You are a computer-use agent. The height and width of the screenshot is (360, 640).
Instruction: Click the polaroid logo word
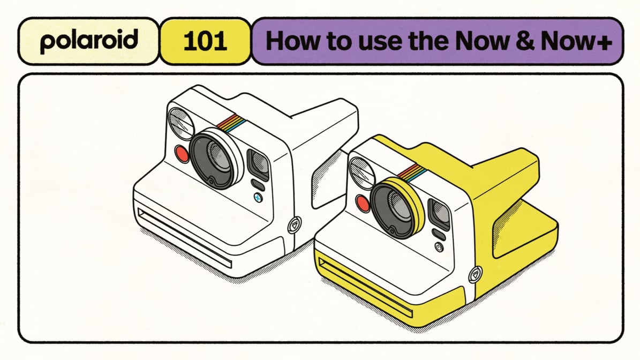pos(89,41)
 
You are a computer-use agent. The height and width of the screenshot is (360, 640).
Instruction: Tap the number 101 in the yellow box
pos(205,41)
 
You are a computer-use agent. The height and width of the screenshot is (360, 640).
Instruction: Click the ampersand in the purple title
pos(524,41)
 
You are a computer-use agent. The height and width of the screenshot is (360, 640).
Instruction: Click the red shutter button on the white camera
pos(182,154)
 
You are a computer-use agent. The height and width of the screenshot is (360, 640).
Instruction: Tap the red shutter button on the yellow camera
pos(363,203)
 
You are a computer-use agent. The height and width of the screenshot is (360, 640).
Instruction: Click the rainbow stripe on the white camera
pos(231,123)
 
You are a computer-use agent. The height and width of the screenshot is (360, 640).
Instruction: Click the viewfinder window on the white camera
pos(258,164)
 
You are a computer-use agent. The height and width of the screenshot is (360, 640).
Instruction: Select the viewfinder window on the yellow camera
pos(439,213)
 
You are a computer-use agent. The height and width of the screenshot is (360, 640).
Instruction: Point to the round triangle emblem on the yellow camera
pos(475,274)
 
